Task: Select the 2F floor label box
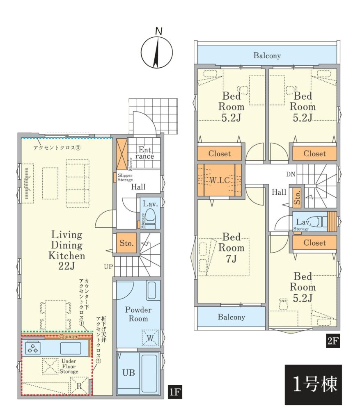332,341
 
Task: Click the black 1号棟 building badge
313,384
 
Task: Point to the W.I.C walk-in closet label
220,180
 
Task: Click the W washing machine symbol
150,338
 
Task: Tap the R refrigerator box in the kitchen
79,386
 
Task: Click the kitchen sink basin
71,348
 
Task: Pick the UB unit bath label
128,372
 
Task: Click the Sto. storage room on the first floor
126,243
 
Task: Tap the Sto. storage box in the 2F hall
297,197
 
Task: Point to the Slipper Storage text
125,178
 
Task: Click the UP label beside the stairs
108,267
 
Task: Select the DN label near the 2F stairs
291,174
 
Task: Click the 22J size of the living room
66,266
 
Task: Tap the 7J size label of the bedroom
231,259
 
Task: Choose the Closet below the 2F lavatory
315,243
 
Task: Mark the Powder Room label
138,314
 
